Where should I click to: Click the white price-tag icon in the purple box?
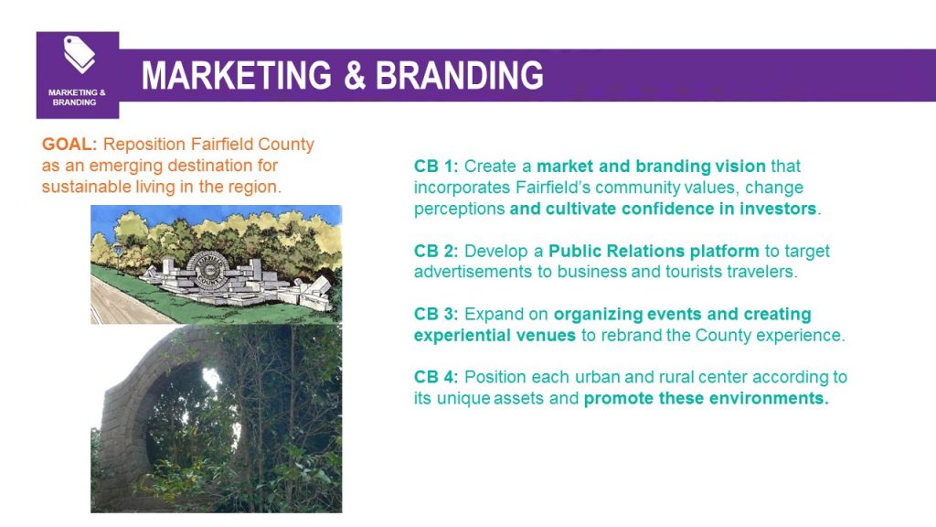click(80, 54)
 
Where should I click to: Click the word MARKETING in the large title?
click(237, 75)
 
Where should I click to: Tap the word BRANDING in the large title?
click(459, 75)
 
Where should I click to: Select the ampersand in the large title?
click(354, 75)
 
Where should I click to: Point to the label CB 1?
click(436, 167)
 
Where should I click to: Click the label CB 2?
click(436, 251)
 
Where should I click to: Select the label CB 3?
click(436, 315)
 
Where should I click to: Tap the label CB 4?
click(436, 377)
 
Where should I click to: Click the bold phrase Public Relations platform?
click(654, 251)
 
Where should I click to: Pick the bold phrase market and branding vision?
click(651, 167)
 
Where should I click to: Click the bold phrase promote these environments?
click(707, 399)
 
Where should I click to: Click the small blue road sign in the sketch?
click(118, 249)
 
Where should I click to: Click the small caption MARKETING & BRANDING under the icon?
click(77, 97)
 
